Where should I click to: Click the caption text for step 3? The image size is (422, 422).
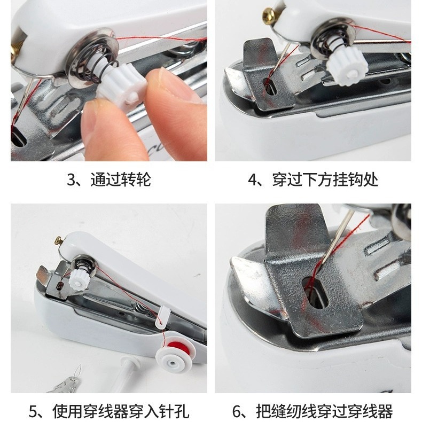(108, 179)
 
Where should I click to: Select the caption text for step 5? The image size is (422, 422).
(108, 411)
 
